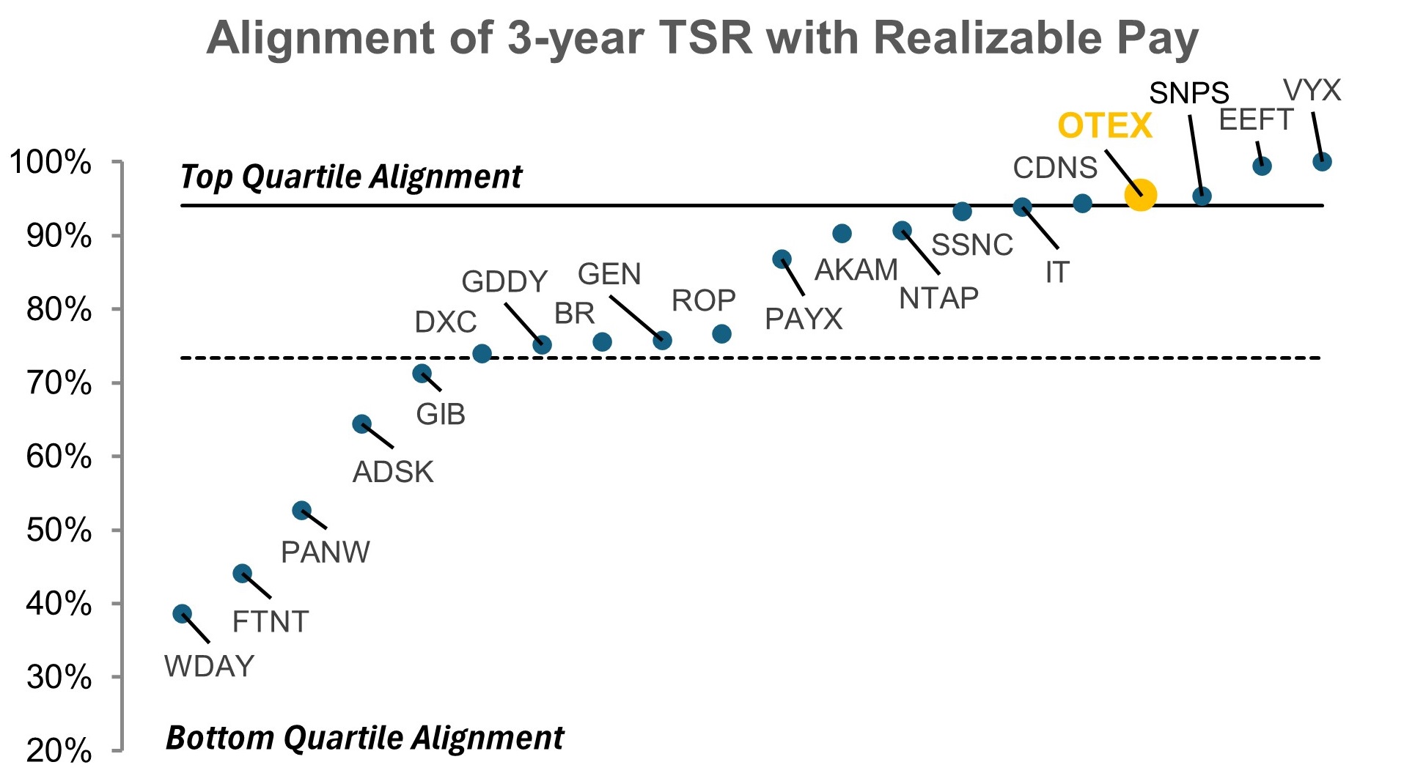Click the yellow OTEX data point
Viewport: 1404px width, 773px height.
tap(1140, 195)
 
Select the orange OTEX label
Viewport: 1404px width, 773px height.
tap(1104, 126)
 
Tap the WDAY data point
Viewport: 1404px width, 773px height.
tap(183, 614)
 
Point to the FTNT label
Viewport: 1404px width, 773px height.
tap(270, 622)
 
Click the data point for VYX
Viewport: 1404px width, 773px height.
tap(1321, 162)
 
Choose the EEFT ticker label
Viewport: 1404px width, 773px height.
tap(1255, 119)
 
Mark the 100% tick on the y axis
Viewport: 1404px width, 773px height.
tap(49, 162)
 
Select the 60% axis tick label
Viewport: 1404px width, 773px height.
tap(59, 456)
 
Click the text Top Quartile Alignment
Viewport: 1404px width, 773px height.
tap(350, 177)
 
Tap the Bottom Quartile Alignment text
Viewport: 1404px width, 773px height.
tap(364, 738)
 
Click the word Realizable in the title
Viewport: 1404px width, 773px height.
tap(988, 37)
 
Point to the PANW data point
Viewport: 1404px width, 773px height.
tap(301, 511)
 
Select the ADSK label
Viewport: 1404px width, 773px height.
tap(393, 473)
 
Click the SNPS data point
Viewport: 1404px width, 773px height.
tap(1201, 196)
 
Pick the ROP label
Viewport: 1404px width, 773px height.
tap(703, 300)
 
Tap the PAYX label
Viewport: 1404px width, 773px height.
tap(804, 319)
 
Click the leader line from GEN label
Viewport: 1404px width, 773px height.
tap(636, 318)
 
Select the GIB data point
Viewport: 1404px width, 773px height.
tap(422, 374)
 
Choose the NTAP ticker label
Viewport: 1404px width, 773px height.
tap(938, 298)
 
